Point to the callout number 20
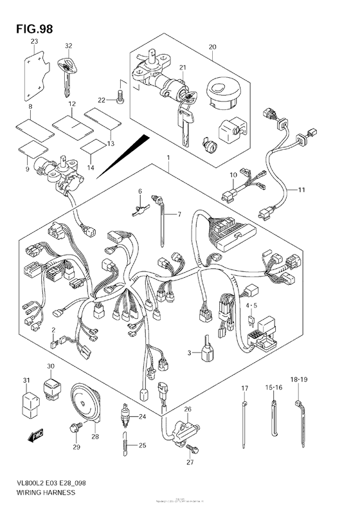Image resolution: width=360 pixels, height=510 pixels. tap(212, 46)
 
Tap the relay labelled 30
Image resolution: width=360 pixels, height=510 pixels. tap(52, 388)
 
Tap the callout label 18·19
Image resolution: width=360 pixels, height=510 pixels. tap(299, 380)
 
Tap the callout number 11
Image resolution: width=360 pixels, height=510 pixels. tap(301, 190)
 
